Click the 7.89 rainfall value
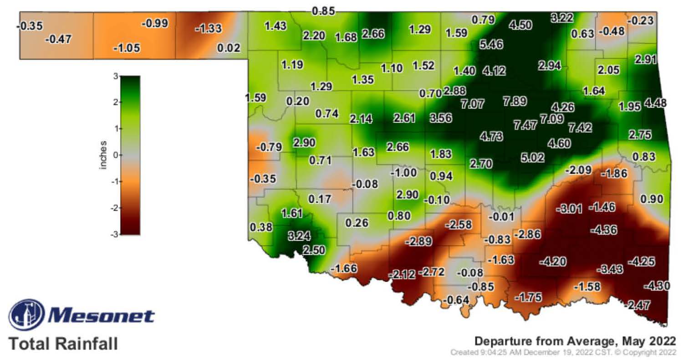coord(515,101)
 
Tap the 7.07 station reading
coord(472,104)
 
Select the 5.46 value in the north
coord(491,45)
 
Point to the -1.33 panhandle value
coord(208,28)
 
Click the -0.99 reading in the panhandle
coord(155,23)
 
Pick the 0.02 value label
coord(228,47)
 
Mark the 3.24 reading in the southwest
coord(299,236)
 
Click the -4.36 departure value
coord(603,230)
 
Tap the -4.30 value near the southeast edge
coord(657,286)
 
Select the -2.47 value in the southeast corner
coord(638,305)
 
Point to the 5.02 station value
coord(532,158)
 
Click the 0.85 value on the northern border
coord(323,11)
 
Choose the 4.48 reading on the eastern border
coord(655,103)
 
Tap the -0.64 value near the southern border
coord(456,300)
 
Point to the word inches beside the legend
coord(103,155)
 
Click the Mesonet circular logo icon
coord(27,315)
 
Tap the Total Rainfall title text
coord(63,343)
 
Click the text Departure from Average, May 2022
coord(575,341)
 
